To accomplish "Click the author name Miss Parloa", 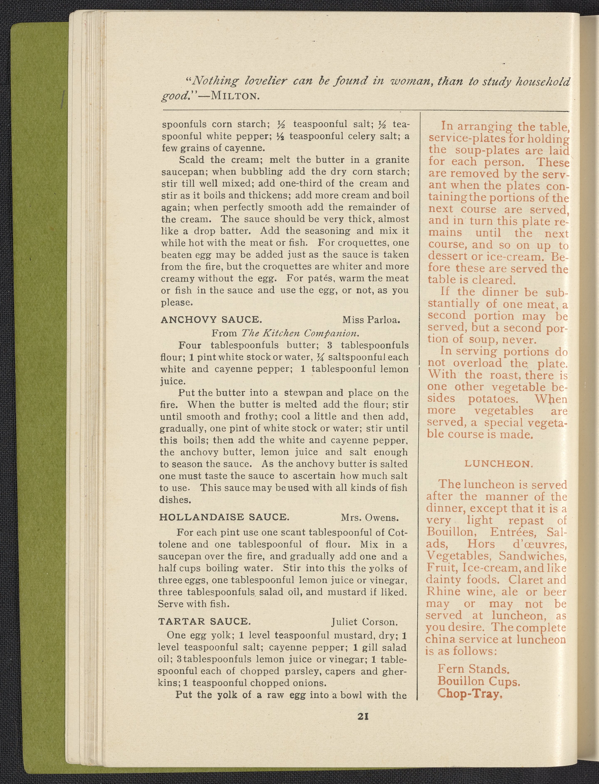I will pyautogui.click(x=371, y=320).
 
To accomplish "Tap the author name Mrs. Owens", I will pyautogui.click(x=369, y=517).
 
